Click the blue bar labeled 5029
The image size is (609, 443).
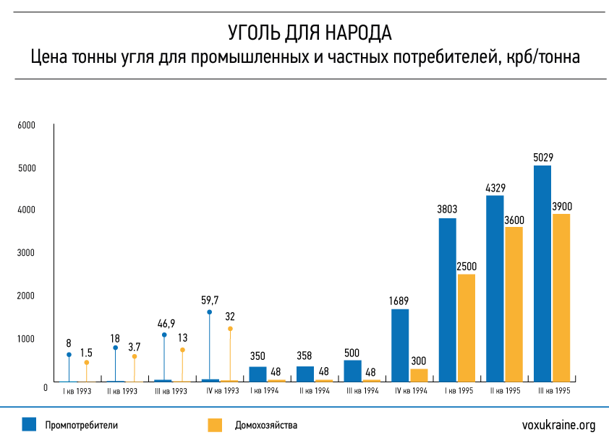542,273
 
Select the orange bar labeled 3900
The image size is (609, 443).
561,297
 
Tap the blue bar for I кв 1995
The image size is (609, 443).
447,299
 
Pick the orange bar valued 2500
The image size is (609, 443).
466,327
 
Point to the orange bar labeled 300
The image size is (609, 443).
419,374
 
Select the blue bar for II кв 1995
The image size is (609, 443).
495,288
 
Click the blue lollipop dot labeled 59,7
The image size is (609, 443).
210,312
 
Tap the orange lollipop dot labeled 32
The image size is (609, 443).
230,329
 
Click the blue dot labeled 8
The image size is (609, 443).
69,355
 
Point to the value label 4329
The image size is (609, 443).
495,188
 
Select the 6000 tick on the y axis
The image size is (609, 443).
27,125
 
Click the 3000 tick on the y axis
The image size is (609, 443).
27,253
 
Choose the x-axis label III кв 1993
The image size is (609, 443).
171,391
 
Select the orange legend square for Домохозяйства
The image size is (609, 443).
215,425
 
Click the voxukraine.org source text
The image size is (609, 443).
558,425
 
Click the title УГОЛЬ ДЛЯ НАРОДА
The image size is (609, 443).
304,33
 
